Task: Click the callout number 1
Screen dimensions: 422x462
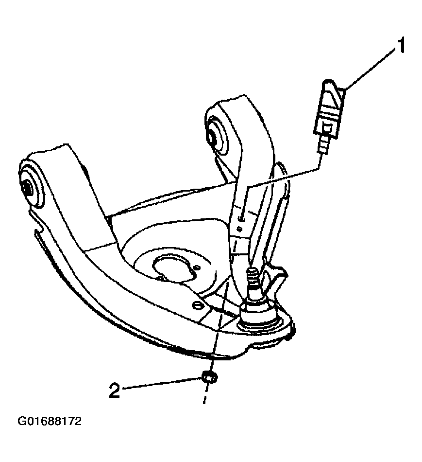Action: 401,45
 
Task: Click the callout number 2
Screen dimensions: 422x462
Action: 114,391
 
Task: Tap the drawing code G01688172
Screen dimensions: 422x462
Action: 50,421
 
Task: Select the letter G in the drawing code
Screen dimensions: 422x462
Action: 22,421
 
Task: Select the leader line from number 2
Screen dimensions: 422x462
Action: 161,384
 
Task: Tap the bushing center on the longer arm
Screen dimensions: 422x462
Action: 26,186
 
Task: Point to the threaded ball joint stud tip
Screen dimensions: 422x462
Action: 252,270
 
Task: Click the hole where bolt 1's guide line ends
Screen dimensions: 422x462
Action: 241,219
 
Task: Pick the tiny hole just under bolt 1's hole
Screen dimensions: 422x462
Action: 240,228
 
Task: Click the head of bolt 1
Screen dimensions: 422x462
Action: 330,108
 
